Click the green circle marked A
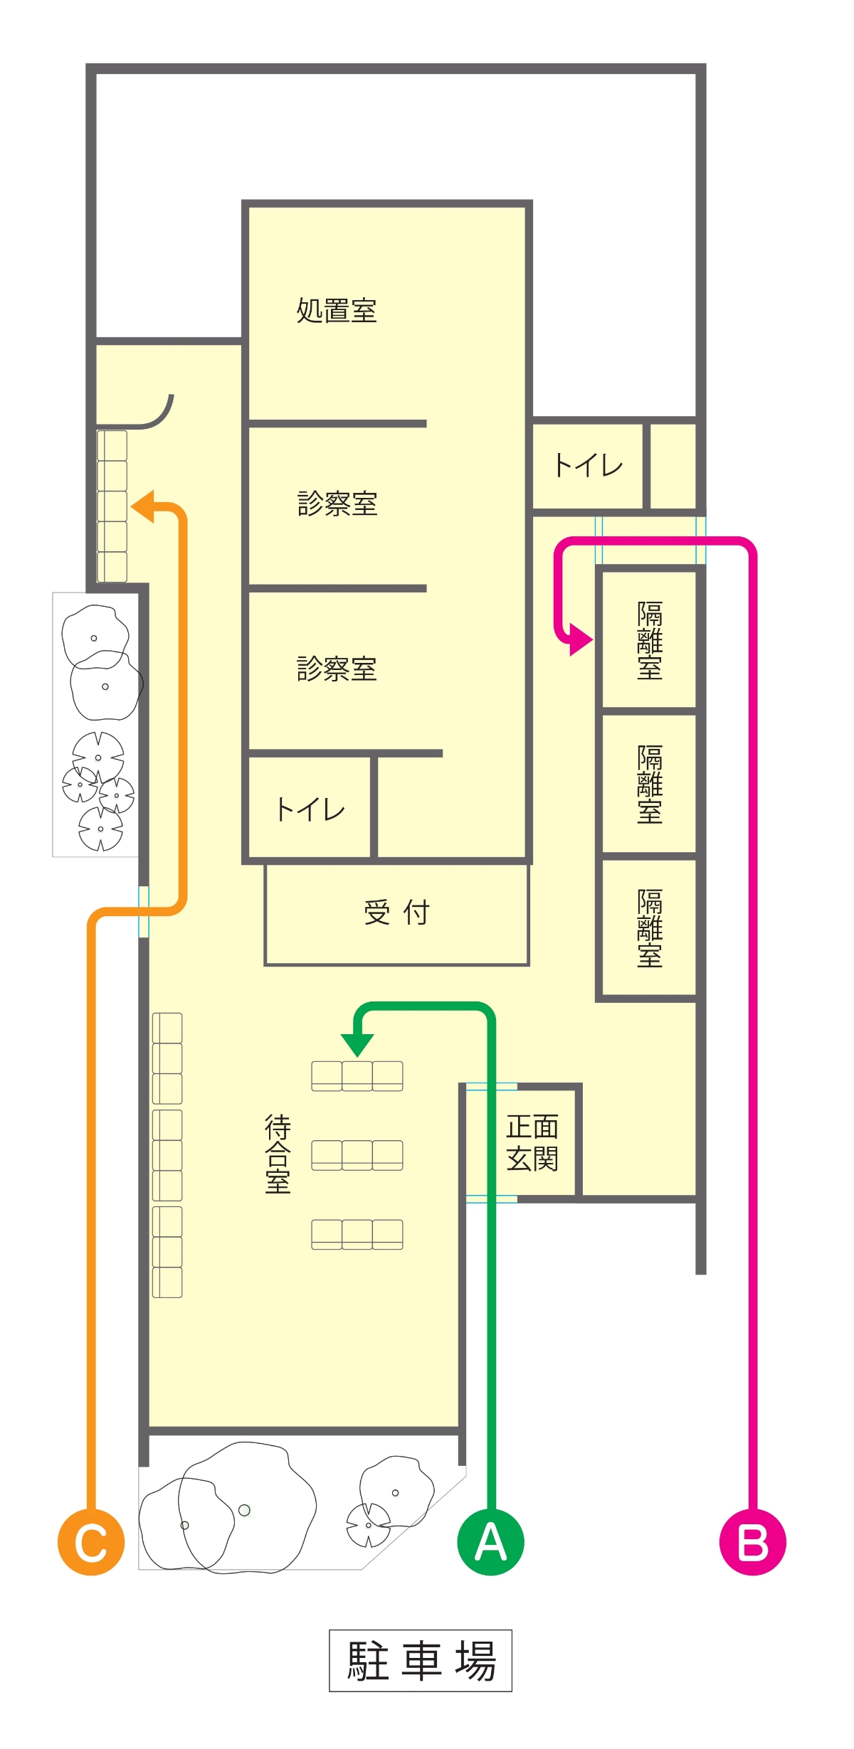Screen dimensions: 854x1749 490,1541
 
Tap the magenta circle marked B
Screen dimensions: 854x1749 753,1541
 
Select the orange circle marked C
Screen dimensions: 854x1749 91,1541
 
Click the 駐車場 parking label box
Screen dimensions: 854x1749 421,1660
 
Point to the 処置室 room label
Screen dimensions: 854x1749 337,311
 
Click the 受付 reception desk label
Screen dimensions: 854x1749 396,913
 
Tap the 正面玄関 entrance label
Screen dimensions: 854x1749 532,1142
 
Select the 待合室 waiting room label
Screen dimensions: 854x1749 278,1154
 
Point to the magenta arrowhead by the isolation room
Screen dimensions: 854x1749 581,639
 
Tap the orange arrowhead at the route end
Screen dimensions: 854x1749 142,506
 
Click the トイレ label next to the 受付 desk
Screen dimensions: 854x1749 310,809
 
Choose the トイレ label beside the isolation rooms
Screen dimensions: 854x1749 589,465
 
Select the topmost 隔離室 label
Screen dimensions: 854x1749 650,640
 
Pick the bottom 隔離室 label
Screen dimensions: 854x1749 650,928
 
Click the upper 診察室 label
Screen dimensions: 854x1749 337,503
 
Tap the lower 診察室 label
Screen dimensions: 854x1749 337,669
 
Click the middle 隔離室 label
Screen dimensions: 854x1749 650,784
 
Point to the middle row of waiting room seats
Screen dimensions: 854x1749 357,1155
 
